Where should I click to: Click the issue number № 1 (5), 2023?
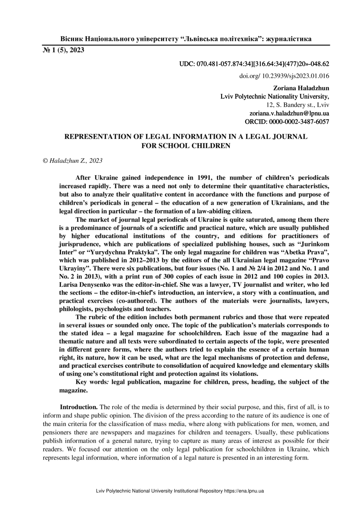64,51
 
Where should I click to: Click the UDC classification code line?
254,65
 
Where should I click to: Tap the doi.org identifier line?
284,76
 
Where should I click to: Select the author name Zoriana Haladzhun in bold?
301,88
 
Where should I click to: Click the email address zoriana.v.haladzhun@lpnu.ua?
289,113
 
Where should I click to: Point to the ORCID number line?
287,121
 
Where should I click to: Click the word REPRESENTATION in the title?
97,136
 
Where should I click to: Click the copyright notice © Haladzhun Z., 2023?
72,160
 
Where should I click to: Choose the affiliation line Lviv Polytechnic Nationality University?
275,97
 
